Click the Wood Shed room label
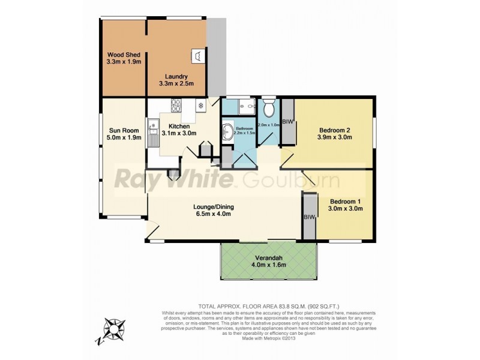(124, 55)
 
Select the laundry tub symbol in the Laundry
(196, 55)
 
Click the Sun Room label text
(124, 130)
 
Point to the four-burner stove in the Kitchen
(177, 106)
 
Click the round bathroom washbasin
(227, 131)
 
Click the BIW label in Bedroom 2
(288, 122)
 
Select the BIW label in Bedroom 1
(309, 217)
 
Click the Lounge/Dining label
(213, 207)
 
